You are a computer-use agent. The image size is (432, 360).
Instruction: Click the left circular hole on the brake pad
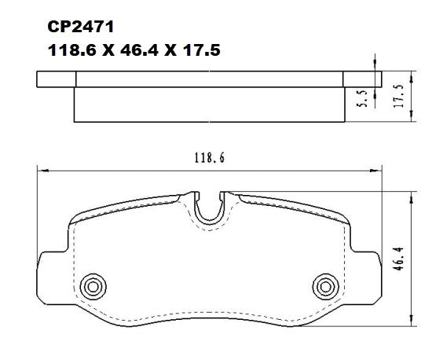click(94, 285)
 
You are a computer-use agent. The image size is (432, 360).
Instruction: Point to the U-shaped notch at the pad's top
click(208, 208)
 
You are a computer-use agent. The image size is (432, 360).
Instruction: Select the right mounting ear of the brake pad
click(366, 267)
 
